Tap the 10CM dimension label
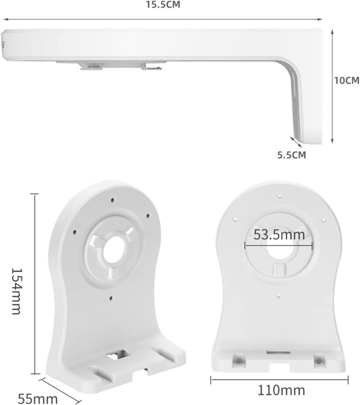(x=346, y=80)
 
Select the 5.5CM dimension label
(x=292, y=155)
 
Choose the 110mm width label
(x=281, y=391)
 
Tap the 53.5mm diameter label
(x=279, y=235)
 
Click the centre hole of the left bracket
(x=113, y=250)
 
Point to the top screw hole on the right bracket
(x=279, y=195)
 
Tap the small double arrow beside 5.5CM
(x=295, y=142)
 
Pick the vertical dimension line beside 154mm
(x=35, y=284)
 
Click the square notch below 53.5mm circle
(x=279, y=269)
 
